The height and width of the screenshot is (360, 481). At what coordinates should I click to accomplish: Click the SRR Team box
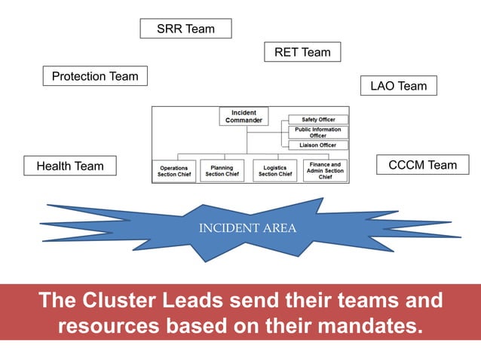click(x=185, y=29)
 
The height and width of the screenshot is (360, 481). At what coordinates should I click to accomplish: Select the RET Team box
click(x=302, y=52)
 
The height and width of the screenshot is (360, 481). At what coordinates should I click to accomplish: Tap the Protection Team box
click(x=95, y=76)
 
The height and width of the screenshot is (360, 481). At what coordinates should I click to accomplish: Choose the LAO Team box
click(x=398, y=86)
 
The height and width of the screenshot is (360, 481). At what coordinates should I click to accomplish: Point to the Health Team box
click(x=70, y=166)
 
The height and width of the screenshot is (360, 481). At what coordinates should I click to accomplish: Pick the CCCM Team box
click(x=422, y=165)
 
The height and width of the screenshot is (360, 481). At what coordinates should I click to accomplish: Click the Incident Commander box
click(x=244, y=117)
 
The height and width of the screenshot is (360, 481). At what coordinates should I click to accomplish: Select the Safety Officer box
click(x=318, y=120)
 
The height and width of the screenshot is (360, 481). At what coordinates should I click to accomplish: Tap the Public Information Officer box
click(x=318, y=133)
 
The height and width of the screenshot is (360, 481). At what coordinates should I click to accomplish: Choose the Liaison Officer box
click(x=318, y=145)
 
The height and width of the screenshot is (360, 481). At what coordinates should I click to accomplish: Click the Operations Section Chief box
click(x=174, y=171)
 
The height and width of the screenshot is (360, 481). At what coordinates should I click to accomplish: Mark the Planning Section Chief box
click(x=222, y=171)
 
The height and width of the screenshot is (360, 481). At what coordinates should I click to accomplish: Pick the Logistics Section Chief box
click(x=275, y=171)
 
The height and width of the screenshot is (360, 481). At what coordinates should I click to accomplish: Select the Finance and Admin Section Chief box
click(x=325, y=170)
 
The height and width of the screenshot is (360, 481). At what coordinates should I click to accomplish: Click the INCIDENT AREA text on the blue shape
click(x=247, y=228)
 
